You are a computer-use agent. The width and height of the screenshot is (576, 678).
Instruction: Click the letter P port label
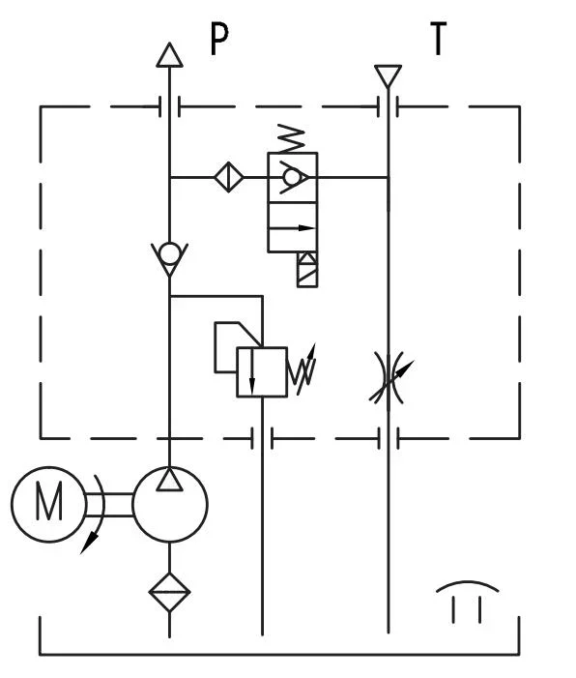tap(220, 42)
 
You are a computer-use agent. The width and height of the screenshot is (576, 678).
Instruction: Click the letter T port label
tap(439, 40)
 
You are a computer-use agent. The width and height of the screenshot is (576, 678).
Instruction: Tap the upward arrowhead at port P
tap(169, 55)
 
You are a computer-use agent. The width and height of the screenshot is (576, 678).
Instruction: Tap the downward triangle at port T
tap(388, 74)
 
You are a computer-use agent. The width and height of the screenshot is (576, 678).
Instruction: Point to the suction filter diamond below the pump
tap(170, 590)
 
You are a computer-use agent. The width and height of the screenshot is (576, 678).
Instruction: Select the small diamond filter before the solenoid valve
tap(228, 177)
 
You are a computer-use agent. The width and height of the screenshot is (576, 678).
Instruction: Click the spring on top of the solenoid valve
tap(291, 138)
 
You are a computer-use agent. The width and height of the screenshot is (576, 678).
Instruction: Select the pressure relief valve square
tap(262, 370)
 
